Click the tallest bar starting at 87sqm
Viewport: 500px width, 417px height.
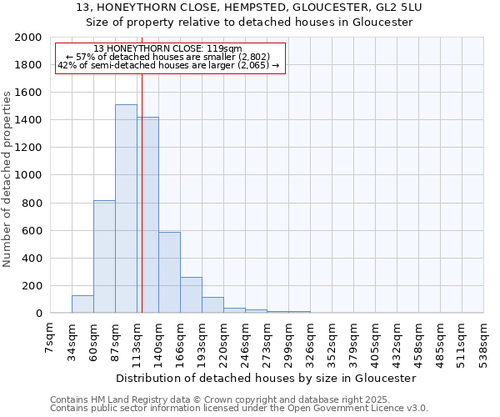[126, 208]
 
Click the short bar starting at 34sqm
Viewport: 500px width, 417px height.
[82, 304]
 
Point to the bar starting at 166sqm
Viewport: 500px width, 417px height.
[191, 295]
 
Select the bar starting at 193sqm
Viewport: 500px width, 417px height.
[212, 305]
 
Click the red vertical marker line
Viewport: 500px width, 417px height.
[142, 167]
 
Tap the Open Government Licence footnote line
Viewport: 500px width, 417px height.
[238, 409]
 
